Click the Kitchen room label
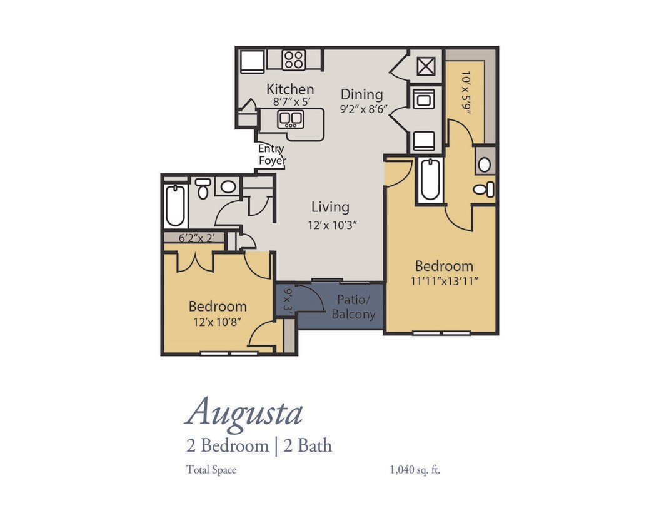[290, 89]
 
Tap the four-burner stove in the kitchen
[293, 60]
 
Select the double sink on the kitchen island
[290, 118]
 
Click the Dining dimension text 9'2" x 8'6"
[364, 108]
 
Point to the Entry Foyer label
[272, 155]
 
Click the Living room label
[330, 207]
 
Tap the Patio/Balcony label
[353, 307]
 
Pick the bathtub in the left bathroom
[176, 205]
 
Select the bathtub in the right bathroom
[430, 180]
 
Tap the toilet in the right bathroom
[483, 189]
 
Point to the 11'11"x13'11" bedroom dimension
[444, 282]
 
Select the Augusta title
[244, 412]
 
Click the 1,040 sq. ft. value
[415, 469]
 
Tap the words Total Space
[211, 469]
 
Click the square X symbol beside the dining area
[426, 66]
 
